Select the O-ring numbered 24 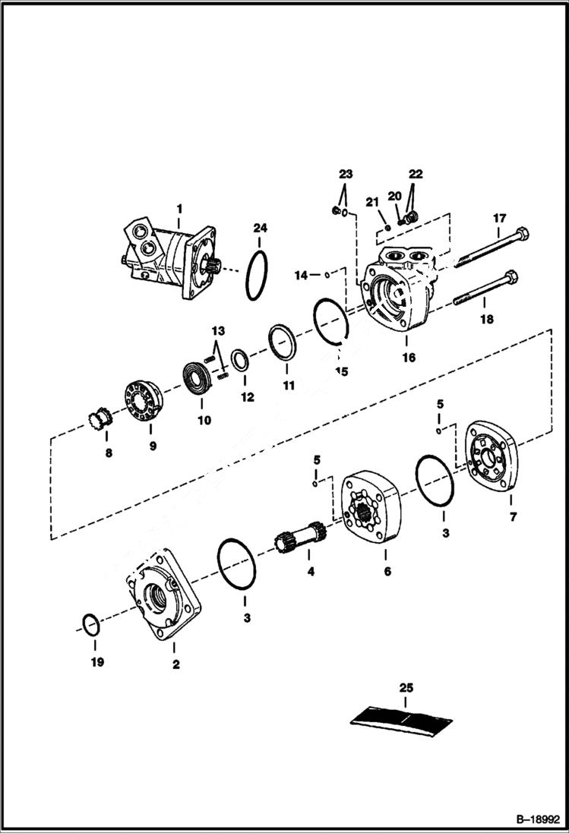257,275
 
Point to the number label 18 486,319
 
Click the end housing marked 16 399,292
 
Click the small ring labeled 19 90,626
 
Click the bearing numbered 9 144,402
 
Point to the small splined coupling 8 100,418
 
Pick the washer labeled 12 239,359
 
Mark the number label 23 346,174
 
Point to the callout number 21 371,201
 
